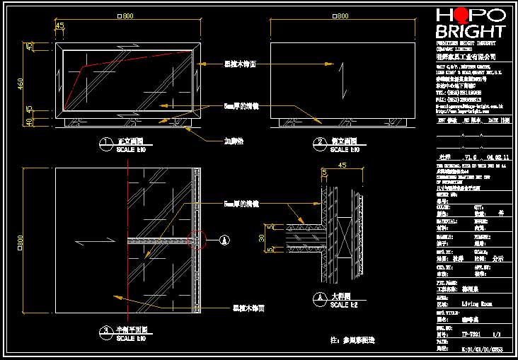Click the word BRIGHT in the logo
pos(471,32)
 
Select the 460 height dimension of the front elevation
pos(21,84)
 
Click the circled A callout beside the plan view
pos(224,240)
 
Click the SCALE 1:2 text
pos(346,305)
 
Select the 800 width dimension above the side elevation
pos(341,16)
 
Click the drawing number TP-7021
pos(471,333)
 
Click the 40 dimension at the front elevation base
pos(29,122)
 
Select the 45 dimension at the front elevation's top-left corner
pos(59,26)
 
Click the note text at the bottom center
pos(352,340)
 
